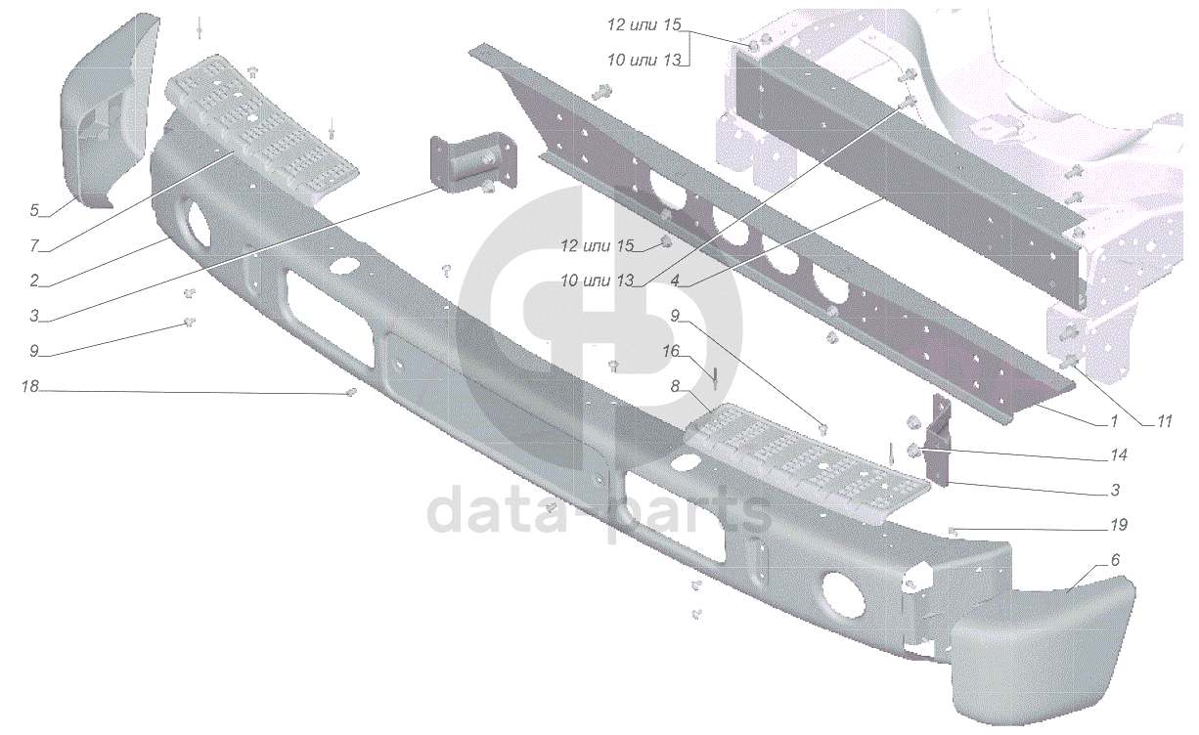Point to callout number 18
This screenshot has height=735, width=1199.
(30, 387)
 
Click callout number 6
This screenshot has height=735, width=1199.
(1114, 560)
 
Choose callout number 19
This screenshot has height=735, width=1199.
(1119, 525)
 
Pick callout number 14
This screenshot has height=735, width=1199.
(1119, 454)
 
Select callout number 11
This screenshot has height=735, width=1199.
(1163, 422)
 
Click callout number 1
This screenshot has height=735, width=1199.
(1113, 422)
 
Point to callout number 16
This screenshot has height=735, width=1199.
(670, 351)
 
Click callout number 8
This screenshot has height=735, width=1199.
(675, 387)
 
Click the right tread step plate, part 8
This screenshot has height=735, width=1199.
(812, 459)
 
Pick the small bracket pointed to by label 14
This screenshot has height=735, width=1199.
(916, 450)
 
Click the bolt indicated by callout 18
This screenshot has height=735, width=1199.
(351, 393)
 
